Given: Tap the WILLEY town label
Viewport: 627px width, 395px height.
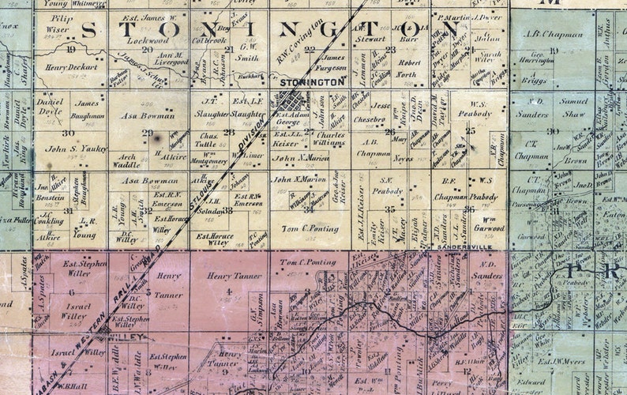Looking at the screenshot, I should [130, 337].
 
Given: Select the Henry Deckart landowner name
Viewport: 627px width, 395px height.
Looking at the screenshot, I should [73, 67].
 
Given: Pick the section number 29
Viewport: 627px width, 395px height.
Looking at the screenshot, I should [147, 132].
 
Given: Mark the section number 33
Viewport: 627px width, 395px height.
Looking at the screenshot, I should [228, 210].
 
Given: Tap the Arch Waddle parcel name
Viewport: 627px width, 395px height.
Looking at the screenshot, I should [127, 160].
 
